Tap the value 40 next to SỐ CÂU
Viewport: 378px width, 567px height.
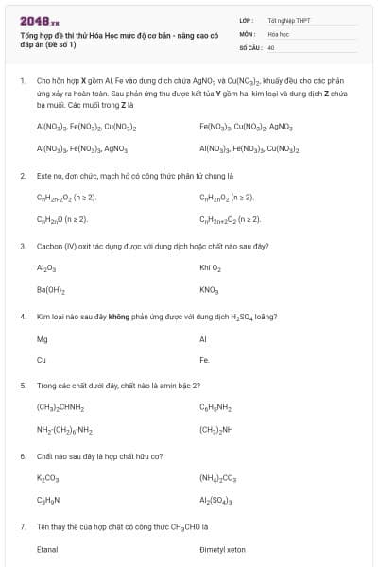pyautogui.click(x=271, y=46)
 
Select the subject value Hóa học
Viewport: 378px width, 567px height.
pyautogui.click(x=278, y=33)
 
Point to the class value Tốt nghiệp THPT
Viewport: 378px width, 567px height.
pyautogui.click(x=288, y=20)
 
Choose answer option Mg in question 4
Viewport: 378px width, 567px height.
pyautogui.click(x=42, y=337)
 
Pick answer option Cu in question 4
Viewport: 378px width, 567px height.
pyautogui.click(x=42, y=360)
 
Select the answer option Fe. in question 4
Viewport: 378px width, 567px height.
pyautogui.click(x=204, y=360)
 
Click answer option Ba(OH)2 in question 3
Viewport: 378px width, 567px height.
pyautogui.click(x=51, y=289)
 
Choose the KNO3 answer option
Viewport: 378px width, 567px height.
pyautogui.click(x=209, y=289)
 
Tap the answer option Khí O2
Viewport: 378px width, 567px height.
pyautogui.click(x=210, y=267)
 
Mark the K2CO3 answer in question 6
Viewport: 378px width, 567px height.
pyautogui.click(x=47, y=478)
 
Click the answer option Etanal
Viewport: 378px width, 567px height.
pyautogui.click(x=47, y=548)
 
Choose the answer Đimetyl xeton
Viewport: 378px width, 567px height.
pyautogui.click(x=222, y=548)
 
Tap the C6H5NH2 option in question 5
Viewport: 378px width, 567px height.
pyautogui.click(x=215, y=407)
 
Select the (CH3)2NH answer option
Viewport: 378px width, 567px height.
pyautogui.click(x=217, y=430)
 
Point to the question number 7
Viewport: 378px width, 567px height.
pyautogui.click(x=22, y=526)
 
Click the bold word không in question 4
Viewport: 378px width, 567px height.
pyautogui.click(x=118, y=316)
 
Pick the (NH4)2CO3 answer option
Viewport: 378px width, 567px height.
pyautogui.click(x=217, y=478)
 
